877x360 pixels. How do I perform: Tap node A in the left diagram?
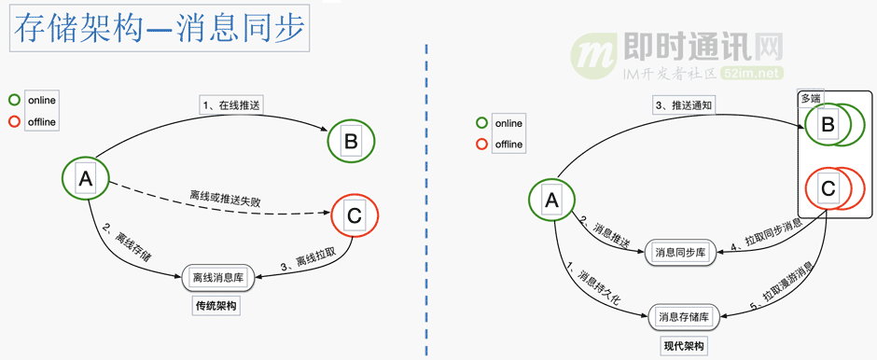[x=85, y=181]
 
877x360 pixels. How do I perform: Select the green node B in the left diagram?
[x=351, y=142]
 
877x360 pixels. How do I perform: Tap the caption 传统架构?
[x=216, y=306]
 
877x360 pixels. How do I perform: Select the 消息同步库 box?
[x=686, y=252]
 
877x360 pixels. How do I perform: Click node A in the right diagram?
[x=551, y=200]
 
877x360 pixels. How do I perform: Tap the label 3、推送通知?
[x=683, y=105]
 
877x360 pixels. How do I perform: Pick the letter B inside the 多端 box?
[x=827, y=124]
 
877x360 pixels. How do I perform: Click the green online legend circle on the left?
[x=15, y=100]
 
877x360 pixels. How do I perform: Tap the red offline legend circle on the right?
[x=481, y=144]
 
